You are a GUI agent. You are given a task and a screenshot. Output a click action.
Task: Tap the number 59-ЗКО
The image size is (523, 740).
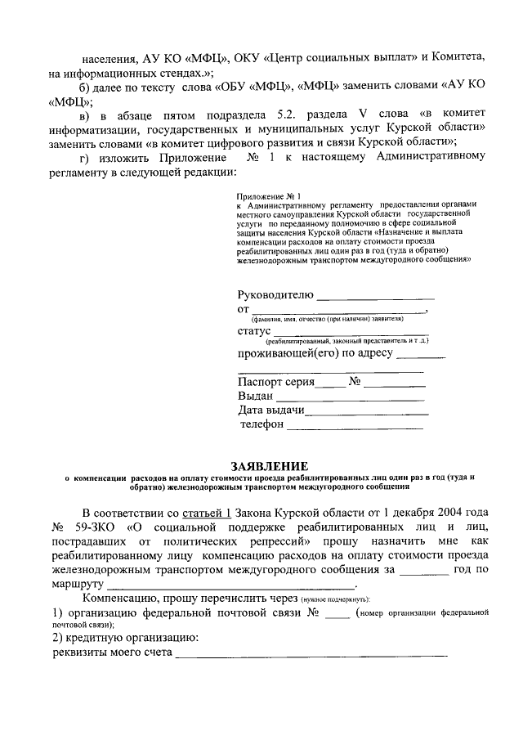pyautogui.click(x=96, y=527)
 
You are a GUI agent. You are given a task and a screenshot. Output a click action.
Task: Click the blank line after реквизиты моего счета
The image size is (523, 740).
pyautogui.click(x=311, y=654)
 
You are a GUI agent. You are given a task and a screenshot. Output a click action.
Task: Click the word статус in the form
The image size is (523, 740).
pyautogui.click(x=254, y=331)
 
